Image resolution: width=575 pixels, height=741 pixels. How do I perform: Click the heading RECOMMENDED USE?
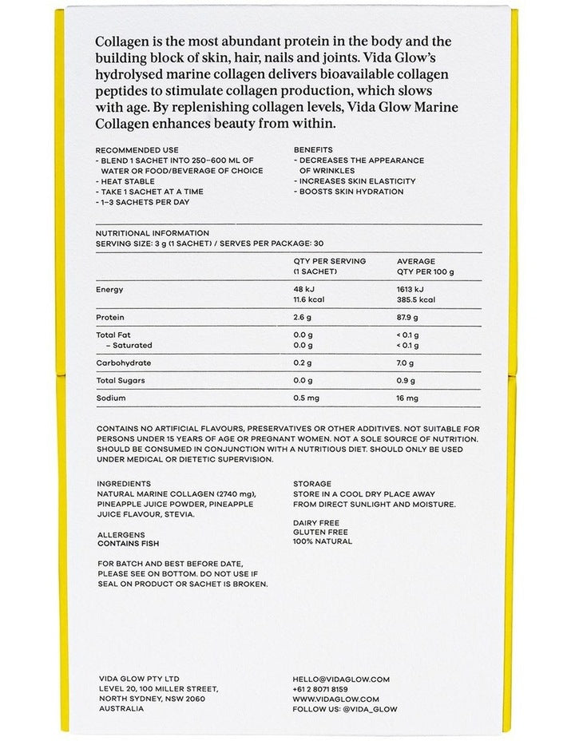[137, 150]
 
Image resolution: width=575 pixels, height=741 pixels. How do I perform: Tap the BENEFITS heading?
[313, 150]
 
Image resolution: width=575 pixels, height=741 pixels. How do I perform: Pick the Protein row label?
[109, 318]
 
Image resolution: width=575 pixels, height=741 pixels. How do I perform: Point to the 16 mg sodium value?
[408, 398]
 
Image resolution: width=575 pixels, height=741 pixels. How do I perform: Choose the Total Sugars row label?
[121, 380]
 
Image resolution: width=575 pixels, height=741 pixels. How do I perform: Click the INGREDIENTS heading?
[124, 484]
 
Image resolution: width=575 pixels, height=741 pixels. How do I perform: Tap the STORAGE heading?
[311, 484]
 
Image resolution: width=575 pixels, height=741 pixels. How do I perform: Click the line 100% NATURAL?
[323, 541]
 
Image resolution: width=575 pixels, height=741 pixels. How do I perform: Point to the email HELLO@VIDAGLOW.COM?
[341, 680]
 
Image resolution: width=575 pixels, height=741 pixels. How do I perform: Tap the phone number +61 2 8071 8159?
[320, 689]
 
